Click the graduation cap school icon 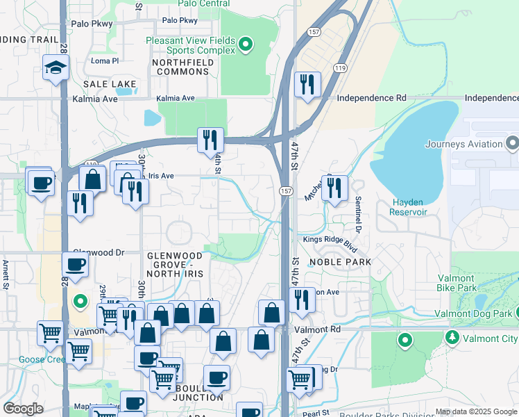[x=56, y=67]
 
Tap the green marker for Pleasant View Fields [x=244, y=46]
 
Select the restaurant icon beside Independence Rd [x=307, y=85]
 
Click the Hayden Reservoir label [x=407, y=206]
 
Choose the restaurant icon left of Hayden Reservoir [x=334, y=188]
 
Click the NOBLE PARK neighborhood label [x=340, y=262]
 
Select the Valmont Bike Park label [x=457, y=283]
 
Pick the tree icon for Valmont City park [x=452, y=338]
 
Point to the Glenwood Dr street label [x=98, y=253]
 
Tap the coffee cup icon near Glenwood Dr [x=76, y=264]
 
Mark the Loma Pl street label [x=105, y=61]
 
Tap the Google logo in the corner [x=23, y=409]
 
